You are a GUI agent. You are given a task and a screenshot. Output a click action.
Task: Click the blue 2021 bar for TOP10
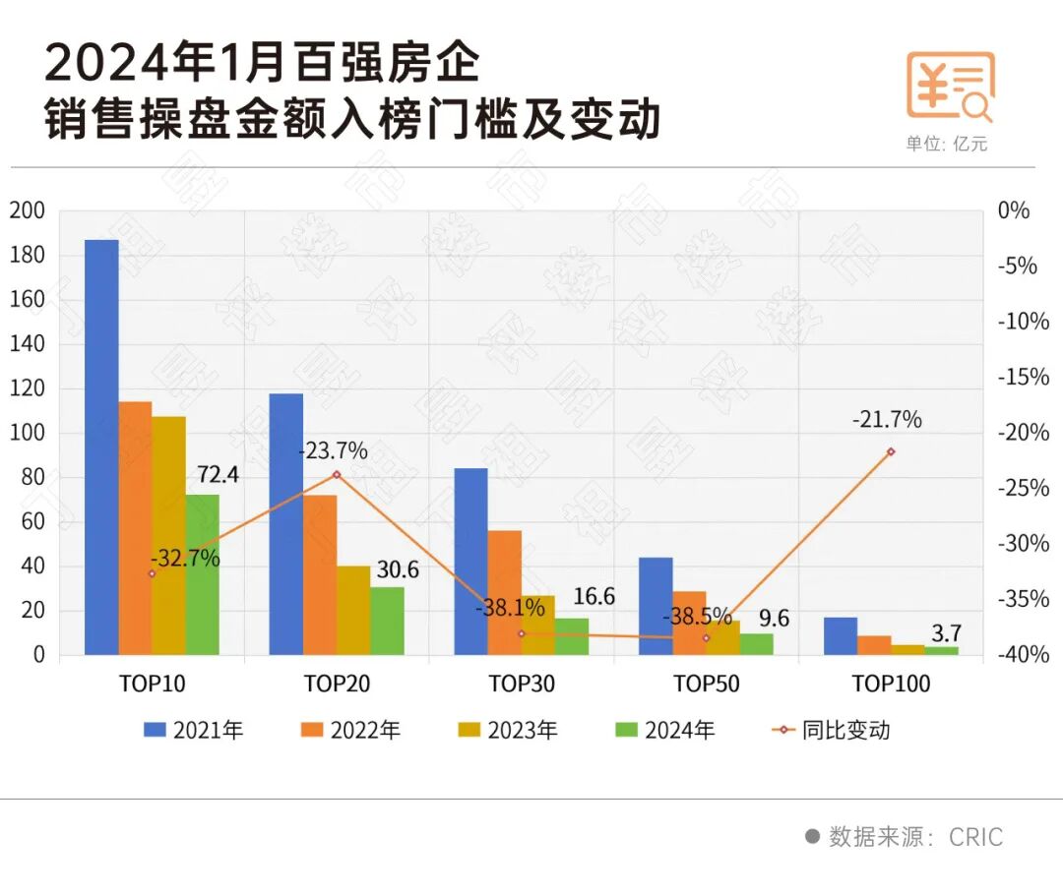point(101,447)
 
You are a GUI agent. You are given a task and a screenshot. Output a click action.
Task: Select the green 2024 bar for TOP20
point(387,621)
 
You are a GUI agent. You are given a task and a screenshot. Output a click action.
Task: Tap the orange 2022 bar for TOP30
point(505,592)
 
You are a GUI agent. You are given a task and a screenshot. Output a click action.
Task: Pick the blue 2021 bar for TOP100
point(840,635)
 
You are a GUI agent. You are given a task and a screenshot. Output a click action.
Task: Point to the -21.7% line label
point(887,420)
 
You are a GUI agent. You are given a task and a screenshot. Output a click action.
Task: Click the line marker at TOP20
point(337,474)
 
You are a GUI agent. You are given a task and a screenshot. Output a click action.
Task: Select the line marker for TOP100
point(891,451)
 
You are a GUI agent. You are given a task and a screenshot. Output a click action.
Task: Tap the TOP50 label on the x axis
point(706,684)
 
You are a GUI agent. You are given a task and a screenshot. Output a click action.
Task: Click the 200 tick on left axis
point(28,210)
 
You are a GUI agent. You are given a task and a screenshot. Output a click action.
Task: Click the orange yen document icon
point(950,87)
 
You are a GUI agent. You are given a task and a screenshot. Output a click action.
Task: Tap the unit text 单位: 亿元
point(946,145)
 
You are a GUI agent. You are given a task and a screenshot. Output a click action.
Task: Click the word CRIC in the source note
point(976,837)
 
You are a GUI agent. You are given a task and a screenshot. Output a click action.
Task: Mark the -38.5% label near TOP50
point(697,618)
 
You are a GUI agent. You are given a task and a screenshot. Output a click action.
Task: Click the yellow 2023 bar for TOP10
point(168,535)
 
